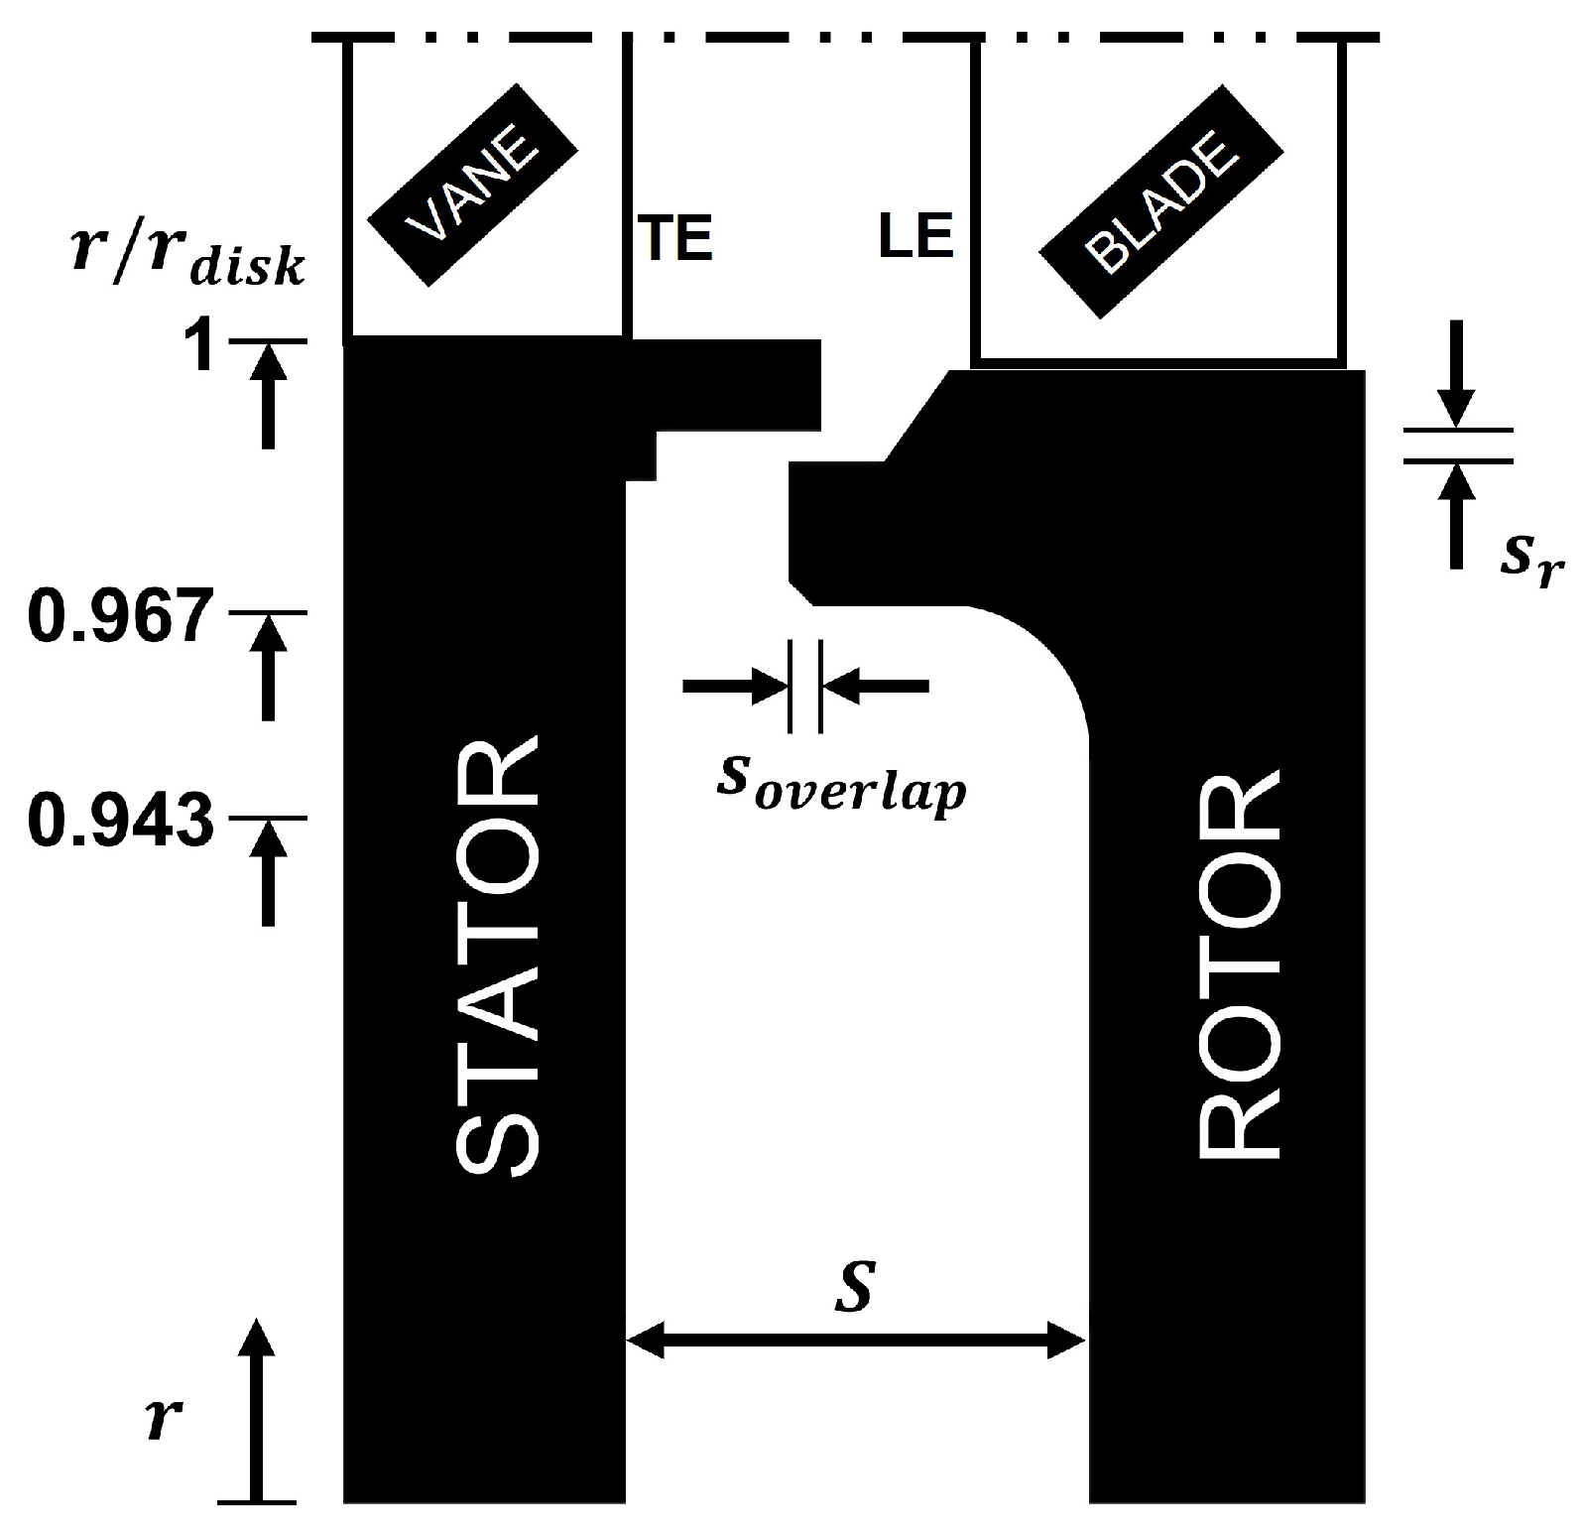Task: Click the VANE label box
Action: (x=472, y=187)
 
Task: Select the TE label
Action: (x=675, y=239)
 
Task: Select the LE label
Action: (x=915, y=238)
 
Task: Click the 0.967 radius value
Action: (x=120, y=616)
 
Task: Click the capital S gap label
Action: (x=854, y=1287)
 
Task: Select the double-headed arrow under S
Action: (x=855, y=1343)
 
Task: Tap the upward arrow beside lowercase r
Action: (x=257, y=1409)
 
